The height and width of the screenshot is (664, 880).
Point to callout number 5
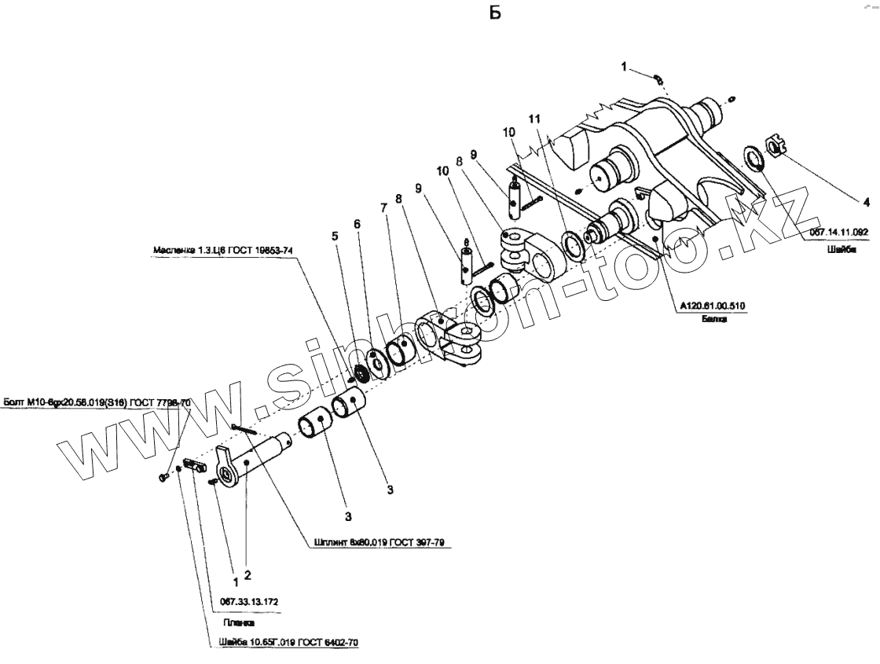point(334,235)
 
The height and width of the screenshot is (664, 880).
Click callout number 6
point(357,224)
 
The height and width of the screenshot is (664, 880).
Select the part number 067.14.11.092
point(839,233)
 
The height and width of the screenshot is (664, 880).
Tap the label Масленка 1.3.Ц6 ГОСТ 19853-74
point(224,251)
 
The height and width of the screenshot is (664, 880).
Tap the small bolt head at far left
point(163,476)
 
